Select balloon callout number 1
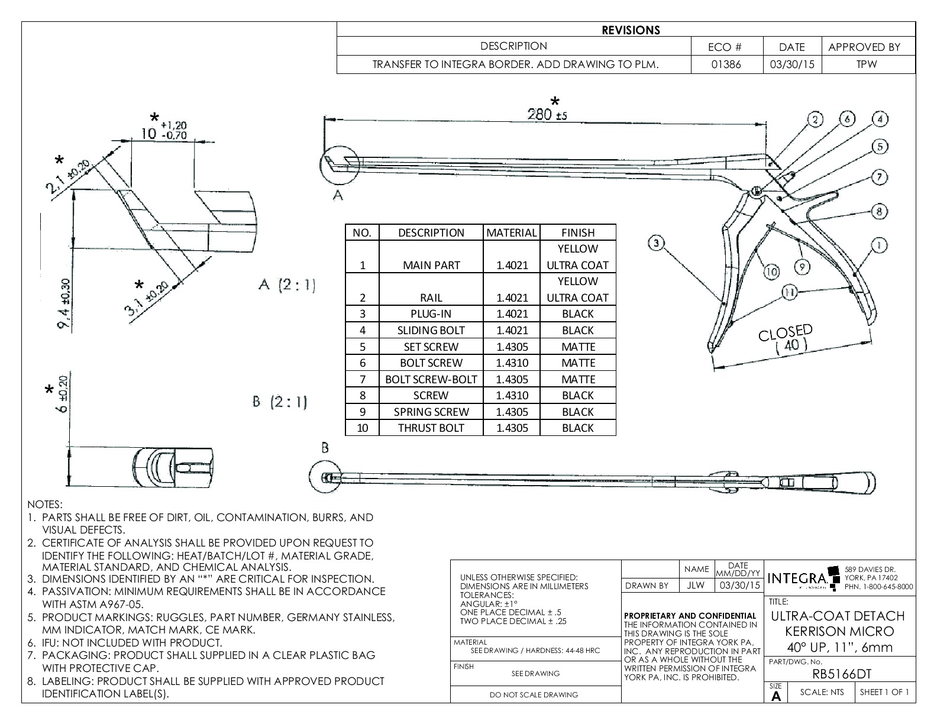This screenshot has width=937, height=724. [880, 245]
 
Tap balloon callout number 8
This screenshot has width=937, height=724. [880, 211]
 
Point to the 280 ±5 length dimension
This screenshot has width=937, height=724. [547, 115]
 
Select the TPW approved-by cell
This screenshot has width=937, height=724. [867, 64]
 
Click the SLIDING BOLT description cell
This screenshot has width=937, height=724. [431, 331]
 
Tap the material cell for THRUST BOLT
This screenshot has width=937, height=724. [512, 428]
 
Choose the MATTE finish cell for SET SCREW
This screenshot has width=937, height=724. [577, 347]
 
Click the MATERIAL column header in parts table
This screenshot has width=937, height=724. [512, 232]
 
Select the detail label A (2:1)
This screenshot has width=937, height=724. [286, 285]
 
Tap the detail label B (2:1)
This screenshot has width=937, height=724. [280, 403]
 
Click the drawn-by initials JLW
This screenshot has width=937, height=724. [696, 586]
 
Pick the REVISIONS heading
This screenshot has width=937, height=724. [631, 30]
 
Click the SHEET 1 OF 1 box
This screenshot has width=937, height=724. [884, 692]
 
